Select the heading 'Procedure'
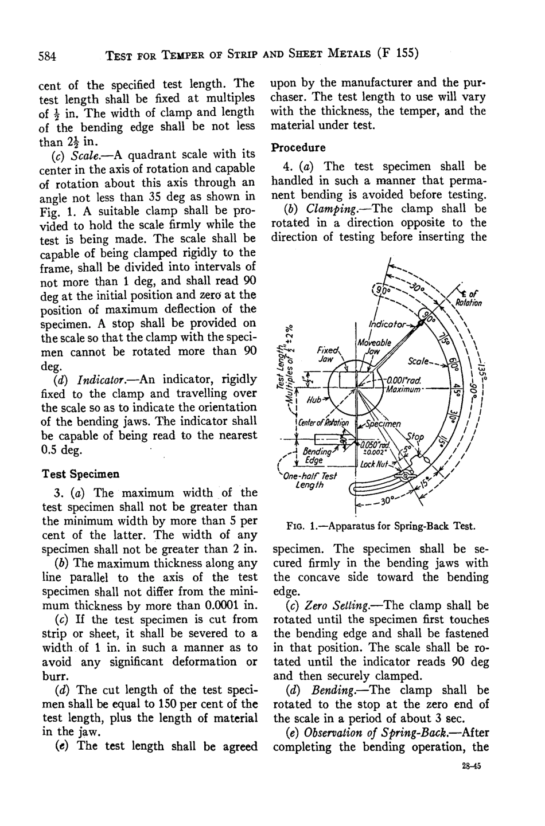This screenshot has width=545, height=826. coord(298,147)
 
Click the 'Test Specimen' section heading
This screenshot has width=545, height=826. coord(81,474)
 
